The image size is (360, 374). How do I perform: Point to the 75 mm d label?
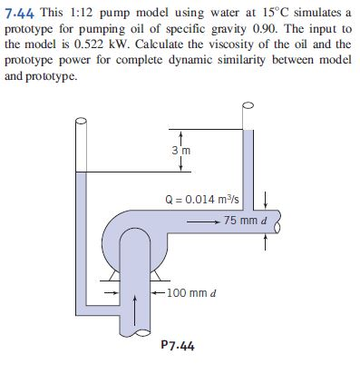[x=246, y=221]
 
